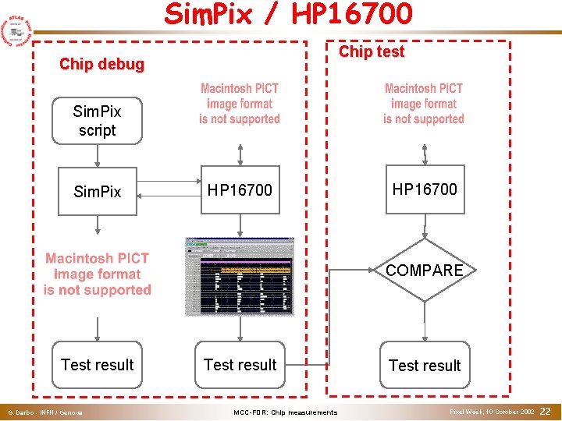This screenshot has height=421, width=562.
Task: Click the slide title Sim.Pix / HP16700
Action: [x=288, y=14]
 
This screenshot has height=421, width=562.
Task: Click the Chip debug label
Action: [x=101, y=64]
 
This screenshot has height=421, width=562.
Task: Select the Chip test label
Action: [x=371, y=51]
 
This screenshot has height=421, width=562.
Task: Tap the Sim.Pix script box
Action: [x=97, y=121]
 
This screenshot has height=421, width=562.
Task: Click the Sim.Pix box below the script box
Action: [x=97, y=191]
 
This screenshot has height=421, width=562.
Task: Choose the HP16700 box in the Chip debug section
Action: [x=240, y=189]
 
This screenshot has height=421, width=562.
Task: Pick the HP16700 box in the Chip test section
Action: [x=425, y=189]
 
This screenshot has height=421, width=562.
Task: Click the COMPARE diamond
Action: [x=425, y=270]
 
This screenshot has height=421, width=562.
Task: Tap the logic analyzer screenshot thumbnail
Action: [x=240, y=276]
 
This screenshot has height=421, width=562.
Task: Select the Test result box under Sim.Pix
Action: [x=97, y=364]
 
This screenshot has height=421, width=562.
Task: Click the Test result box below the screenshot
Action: [x=240, y=364]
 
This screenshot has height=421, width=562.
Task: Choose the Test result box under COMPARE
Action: [x=425, y=365]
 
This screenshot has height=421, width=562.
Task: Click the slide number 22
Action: [x=546, y=411]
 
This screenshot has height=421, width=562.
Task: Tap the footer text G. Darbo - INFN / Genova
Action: [x=44, y=412]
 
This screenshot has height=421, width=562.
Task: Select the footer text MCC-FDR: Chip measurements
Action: [x=285, y=412]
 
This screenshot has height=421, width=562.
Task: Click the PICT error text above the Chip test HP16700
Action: [x=424, y=104]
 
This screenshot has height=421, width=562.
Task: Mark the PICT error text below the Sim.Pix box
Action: [x=97, y=274]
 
